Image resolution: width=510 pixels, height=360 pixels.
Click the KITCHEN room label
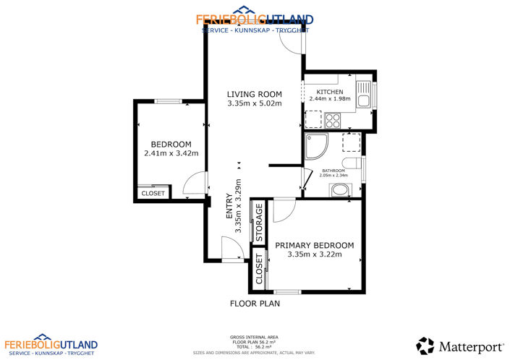(329, 92)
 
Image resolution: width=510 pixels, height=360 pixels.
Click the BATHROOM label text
(333, 171)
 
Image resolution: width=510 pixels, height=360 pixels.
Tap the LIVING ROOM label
(254, 94)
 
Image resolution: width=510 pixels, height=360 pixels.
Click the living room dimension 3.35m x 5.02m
(254, 103)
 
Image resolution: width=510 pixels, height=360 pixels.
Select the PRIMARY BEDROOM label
(314, 246)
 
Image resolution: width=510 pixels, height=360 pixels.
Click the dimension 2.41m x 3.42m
(171, 153)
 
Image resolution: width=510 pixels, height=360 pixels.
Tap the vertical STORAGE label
(258, 225)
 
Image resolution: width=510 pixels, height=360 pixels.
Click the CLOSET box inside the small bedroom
(153, 193)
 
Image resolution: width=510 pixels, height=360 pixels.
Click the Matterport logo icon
(425, 346)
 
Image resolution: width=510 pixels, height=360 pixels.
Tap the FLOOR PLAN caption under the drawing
(255, 304)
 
